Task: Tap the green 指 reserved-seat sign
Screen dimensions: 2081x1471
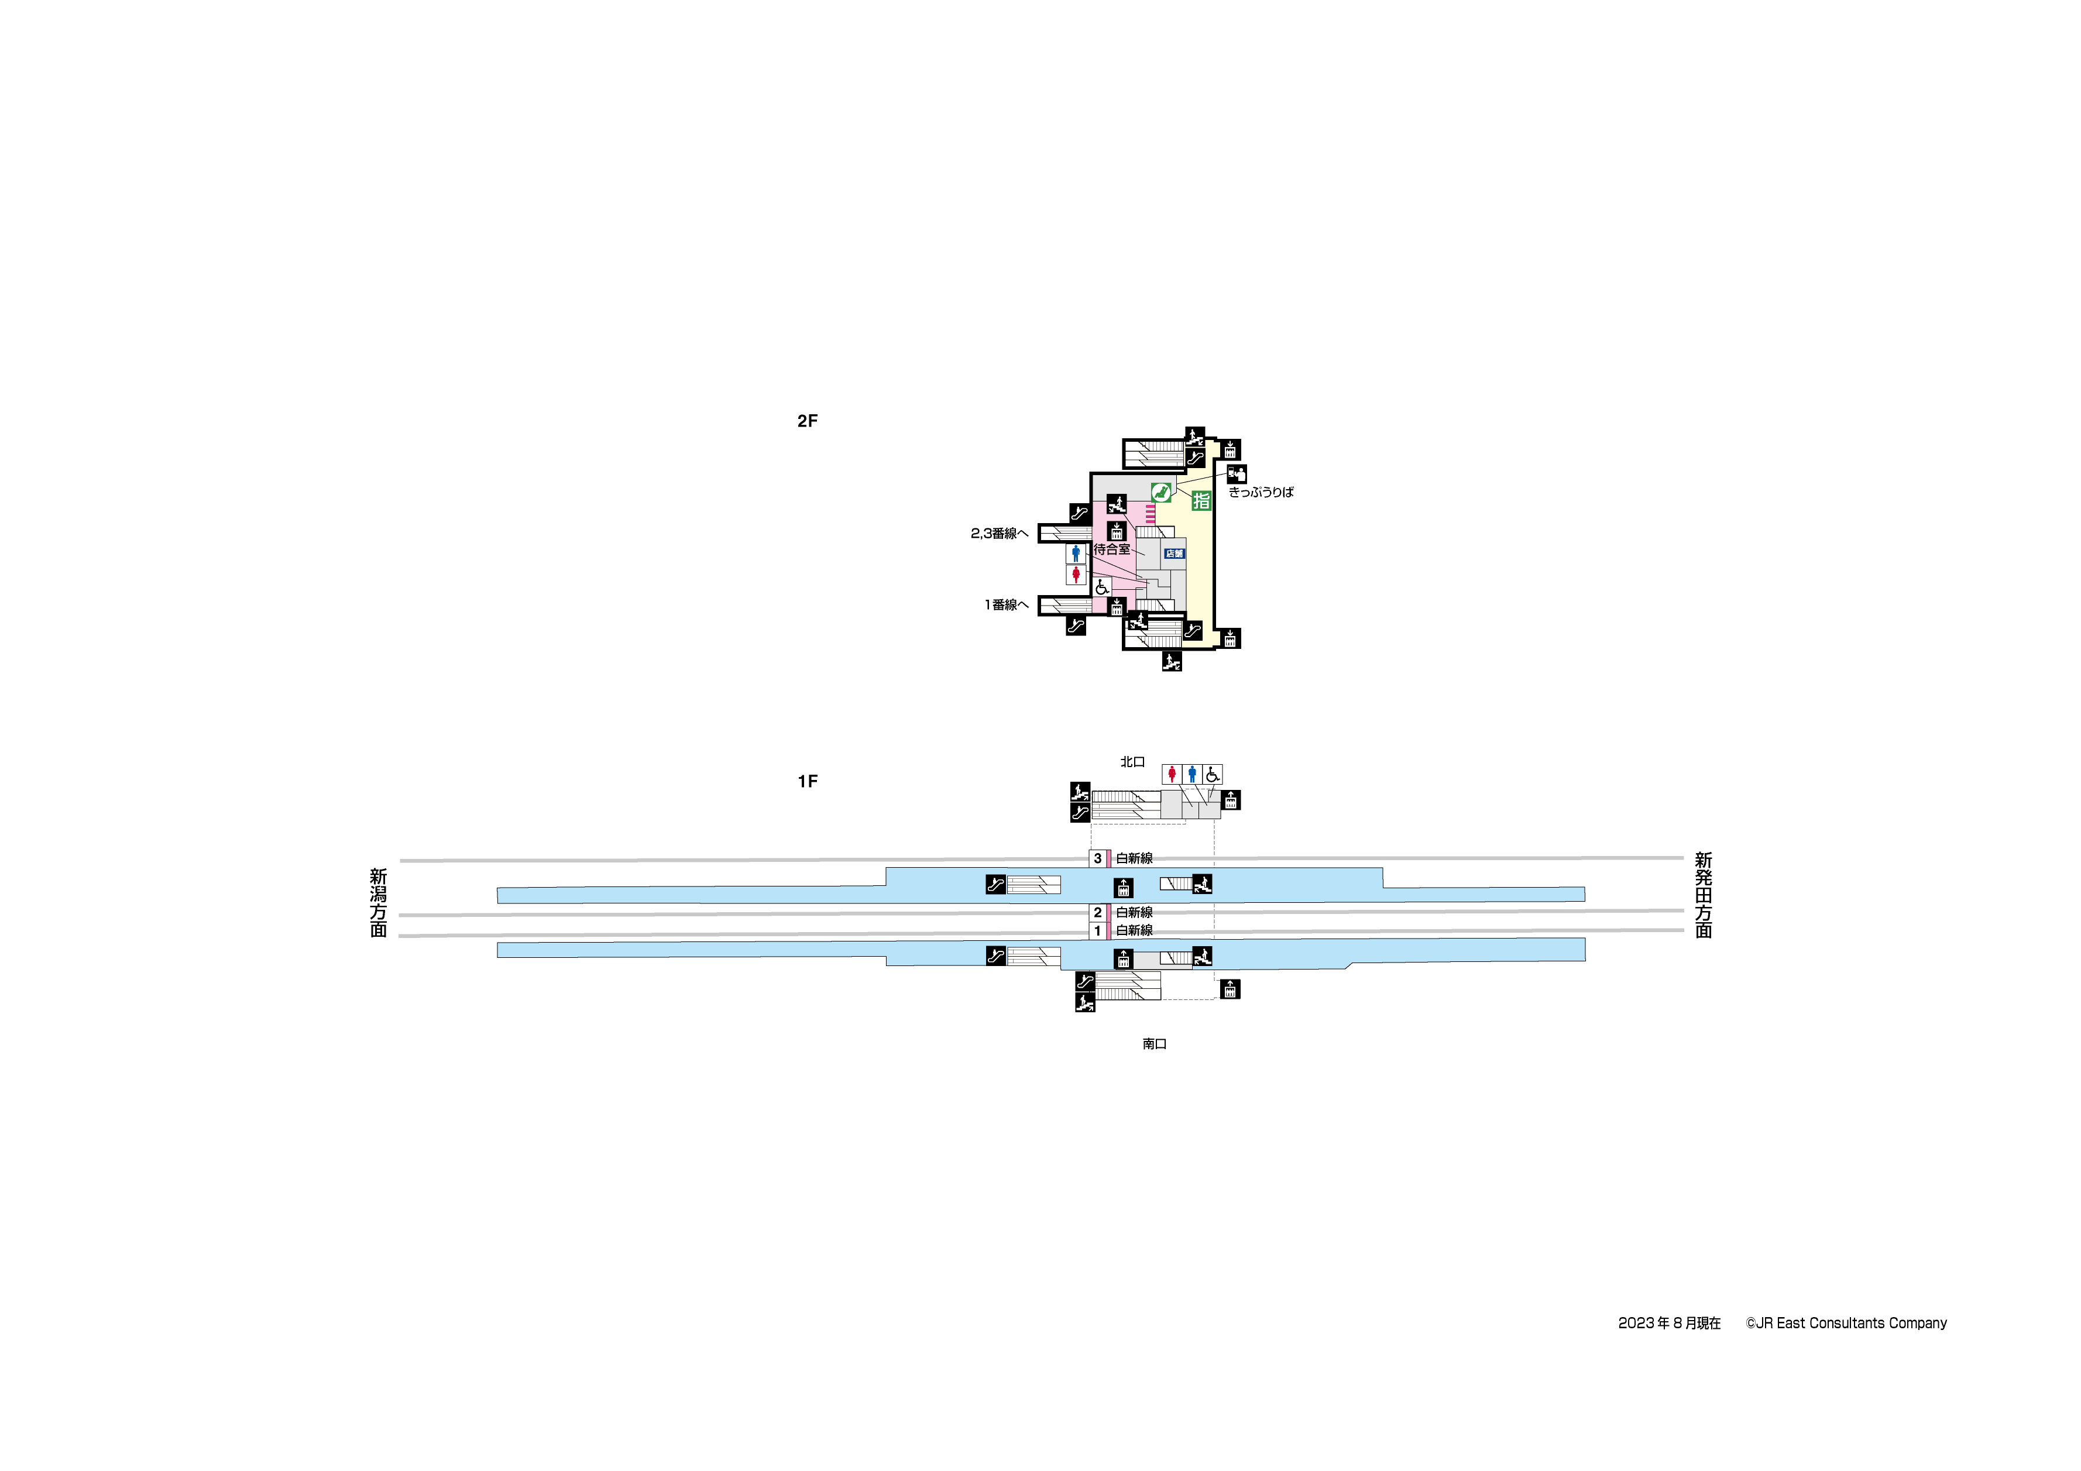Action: [1201, 500]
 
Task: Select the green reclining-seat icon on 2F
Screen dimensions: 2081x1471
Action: [1161, 492]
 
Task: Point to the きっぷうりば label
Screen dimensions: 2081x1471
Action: [1261, 492]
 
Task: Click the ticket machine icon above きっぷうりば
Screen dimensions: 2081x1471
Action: [1237, 474]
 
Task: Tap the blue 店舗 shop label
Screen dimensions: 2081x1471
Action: [1174, 554]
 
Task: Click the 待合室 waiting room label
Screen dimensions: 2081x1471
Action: [1112, 549]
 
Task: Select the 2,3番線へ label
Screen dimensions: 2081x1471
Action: [1000, 534]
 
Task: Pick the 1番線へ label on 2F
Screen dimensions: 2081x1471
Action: [1007, 604]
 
